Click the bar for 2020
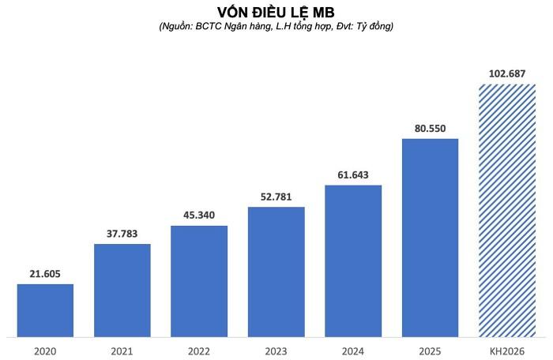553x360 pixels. click(45, 310)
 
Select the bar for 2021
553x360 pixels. click(122, 290)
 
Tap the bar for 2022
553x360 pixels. click(199, 281)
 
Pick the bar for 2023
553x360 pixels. click(276, 272)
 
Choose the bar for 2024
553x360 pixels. click(353, 261)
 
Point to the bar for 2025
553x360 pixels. click(431, 238)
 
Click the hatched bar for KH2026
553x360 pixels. click(507, 210)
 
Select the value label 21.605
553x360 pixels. click(45, 272)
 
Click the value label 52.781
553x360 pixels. click(276, 196)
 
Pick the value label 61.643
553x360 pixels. click(353, 174)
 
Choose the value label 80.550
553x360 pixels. click(431, 127)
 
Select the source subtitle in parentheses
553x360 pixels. click(276, 27)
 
